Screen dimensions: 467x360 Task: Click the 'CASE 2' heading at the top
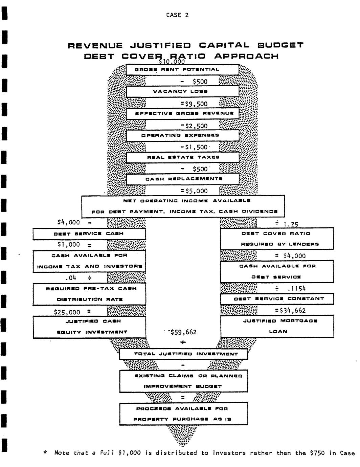click(x=178, y=15)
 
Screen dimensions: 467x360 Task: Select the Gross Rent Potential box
click(x=182, y=70)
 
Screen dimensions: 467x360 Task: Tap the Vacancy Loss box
click(x=182, y=91)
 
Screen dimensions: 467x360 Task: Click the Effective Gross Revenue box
click(x=182, y=113)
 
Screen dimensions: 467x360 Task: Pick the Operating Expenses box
click(x=182, y=135)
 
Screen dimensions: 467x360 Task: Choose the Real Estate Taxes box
click(x=182, y=157)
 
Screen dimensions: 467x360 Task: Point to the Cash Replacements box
click(x=182, y=179)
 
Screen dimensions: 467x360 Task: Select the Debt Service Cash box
click(x=89, y=234)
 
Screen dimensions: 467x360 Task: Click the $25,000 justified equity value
click(x=67, y=312)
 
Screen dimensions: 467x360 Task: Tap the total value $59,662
click(x=183, y=332)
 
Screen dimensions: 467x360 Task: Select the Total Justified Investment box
click(x=183, y=354)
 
